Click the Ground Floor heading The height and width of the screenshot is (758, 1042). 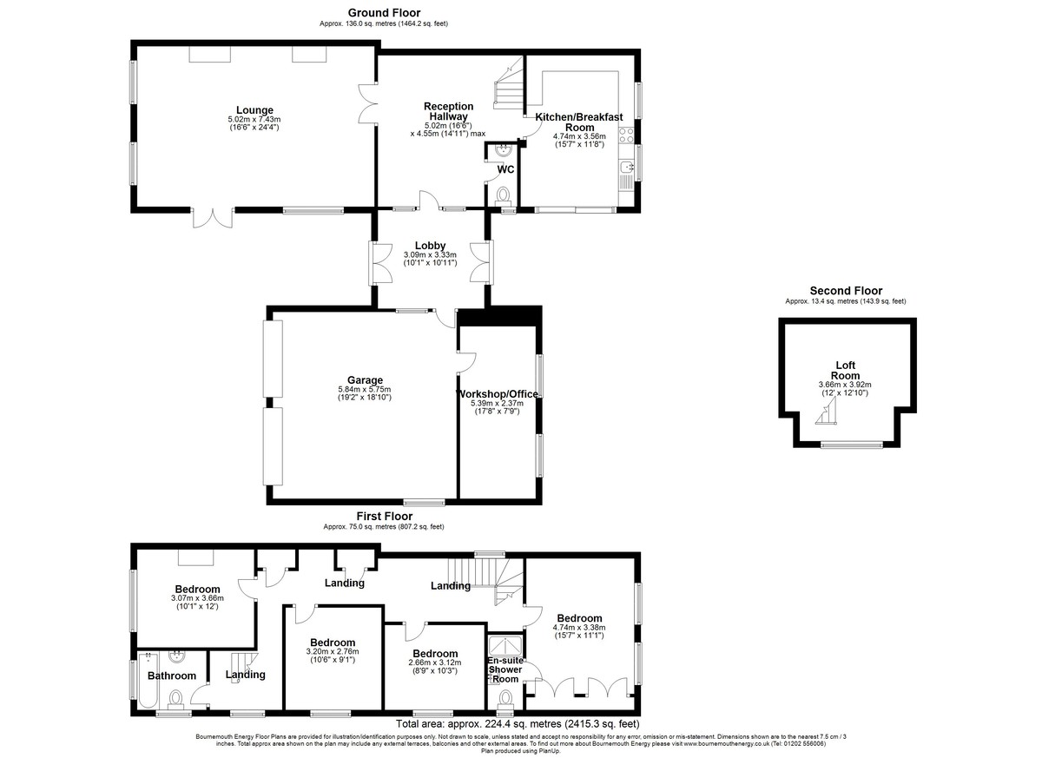point(384,13)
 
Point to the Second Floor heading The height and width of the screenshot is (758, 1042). point(846,291)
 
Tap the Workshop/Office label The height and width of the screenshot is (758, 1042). point(498,394)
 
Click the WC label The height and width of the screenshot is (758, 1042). point(505,169)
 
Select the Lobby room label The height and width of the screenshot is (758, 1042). point(430,246)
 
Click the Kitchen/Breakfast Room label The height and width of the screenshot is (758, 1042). point(579,122)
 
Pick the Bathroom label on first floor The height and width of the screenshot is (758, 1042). point(171,676)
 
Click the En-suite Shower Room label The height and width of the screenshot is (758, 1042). point(505,669)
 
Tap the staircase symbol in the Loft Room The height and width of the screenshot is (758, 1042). point(825,420)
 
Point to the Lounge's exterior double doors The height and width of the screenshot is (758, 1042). point(213,218)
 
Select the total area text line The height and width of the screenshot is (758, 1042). point(518,723)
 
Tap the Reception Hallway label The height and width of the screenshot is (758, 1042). point(447,111)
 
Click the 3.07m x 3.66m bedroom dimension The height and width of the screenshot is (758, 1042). point(197,597)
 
